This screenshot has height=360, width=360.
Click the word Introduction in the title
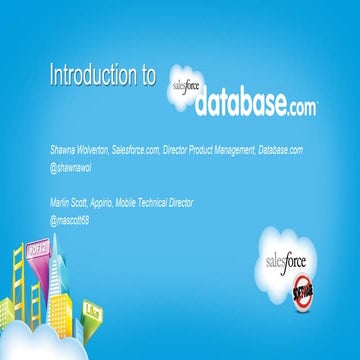(91, 76)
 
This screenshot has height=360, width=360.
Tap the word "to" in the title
(147, 76)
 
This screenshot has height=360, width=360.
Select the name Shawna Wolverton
(81, 148)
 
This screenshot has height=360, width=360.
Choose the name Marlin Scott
(71, 203)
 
